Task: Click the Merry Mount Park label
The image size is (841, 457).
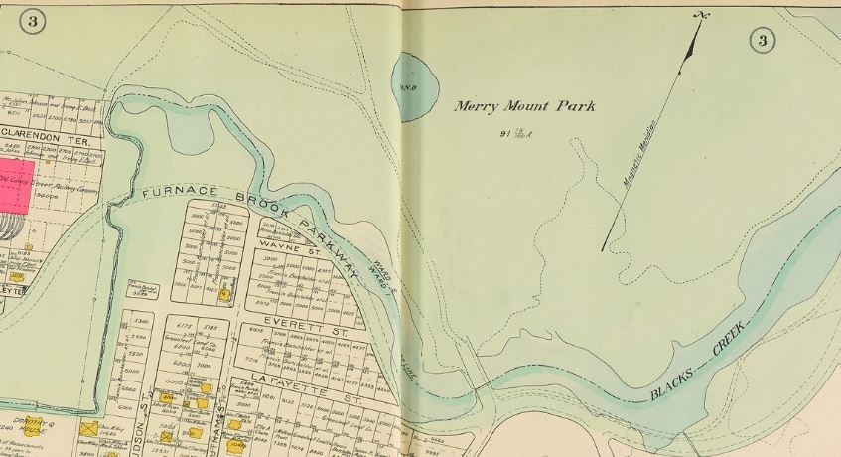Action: pos(524,106)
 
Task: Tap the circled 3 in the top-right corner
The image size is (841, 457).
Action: pos(762,40)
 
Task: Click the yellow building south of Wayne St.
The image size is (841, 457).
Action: pos(226,293)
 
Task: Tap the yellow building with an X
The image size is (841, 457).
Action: pos(88,429)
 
